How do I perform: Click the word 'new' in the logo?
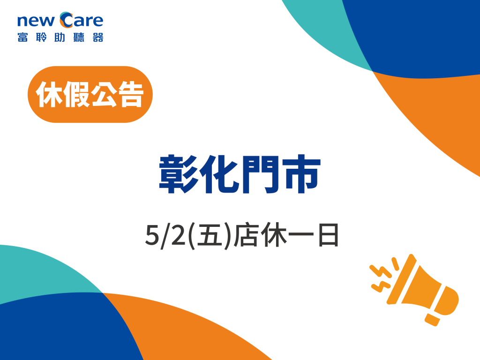[36, 21]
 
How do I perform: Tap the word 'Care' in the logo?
[82, 20]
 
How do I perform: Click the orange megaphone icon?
[414, 290]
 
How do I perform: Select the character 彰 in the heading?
[178, 174]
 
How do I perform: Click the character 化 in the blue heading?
[219, 174]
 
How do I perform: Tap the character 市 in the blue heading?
[301, 174]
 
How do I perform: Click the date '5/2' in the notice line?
[165, 236]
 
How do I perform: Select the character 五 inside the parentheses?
[210, 236]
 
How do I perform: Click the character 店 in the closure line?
[245, 236]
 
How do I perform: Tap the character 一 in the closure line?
[301, 235]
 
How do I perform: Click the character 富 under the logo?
[22, 37]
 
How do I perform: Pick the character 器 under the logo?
[98, 37]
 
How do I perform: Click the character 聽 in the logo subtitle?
[79, 37]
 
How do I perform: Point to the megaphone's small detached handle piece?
[432, 320]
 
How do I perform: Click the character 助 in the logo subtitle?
[60, 37]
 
